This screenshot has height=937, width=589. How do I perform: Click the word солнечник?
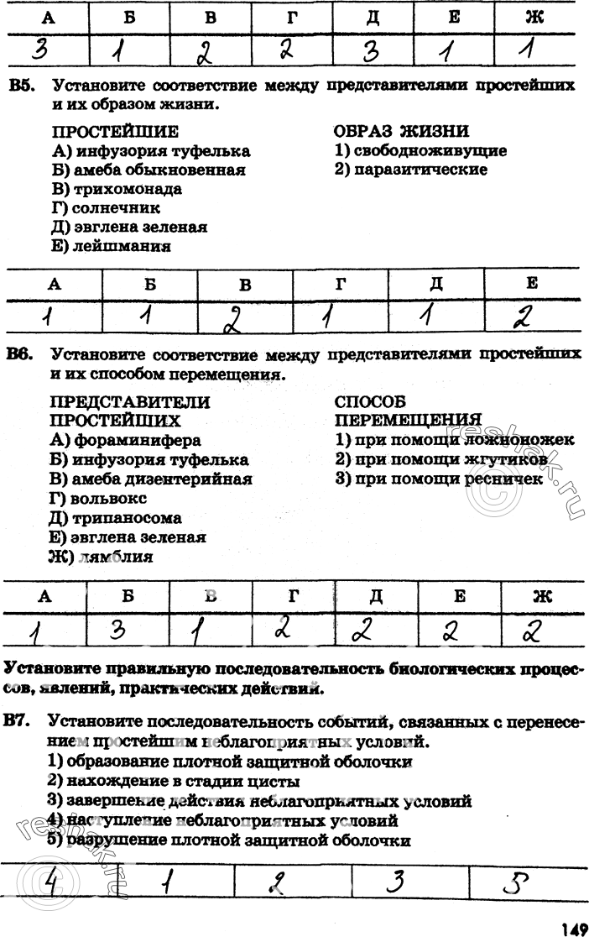point(117,208)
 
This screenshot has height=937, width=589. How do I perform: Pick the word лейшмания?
point(122,247)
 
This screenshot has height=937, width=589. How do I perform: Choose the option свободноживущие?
point(430,151)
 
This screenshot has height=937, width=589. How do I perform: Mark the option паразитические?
point(420,170)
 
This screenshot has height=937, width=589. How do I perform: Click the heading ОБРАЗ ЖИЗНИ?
point(401,131)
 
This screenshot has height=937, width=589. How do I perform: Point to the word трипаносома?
point(127,518)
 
